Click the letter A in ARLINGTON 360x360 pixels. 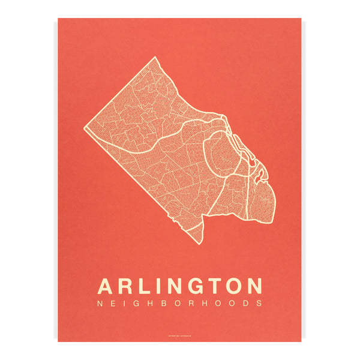(x=106, y=285)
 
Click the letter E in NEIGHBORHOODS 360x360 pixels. (x=113, y=303)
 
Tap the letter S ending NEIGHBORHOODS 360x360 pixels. (x=259, y=303)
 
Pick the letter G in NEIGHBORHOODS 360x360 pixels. (x=139, y=303)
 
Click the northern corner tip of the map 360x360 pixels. (x=155, y=58)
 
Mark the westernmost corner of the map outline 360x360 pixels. (x=86, y=128)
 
